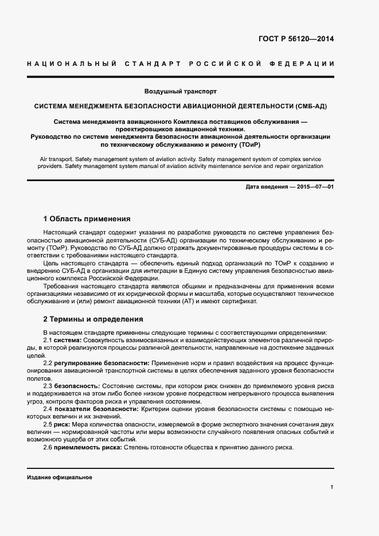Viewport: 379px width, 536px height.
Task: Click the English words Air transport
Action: pos(58,158)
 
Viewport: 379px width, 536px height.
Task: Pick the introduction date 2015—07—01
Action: pos(314,187)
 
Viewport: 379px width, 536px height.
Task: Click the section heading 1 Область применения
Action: pos(87,219)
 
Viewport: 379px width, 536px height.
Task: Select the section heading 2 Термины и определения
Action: pos(93,319)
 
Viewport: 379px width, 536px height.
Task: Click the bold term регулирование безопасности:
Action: pos(101,363)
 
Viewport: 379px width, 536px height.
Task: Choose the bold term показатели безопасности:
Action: pos(94,409)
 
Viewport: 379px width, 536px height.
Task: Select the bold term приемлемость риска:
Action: pos(88,447)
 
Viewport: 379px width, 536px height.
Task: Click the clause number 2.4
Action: pos(48,409)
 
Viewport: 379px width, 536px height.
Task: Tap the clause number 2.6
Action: pos(48,447)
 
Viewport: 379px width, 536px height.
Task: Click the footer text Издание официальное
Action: pos(59,478)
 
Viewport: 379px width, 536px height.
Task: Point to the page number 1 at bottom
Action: pos(332,487)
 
